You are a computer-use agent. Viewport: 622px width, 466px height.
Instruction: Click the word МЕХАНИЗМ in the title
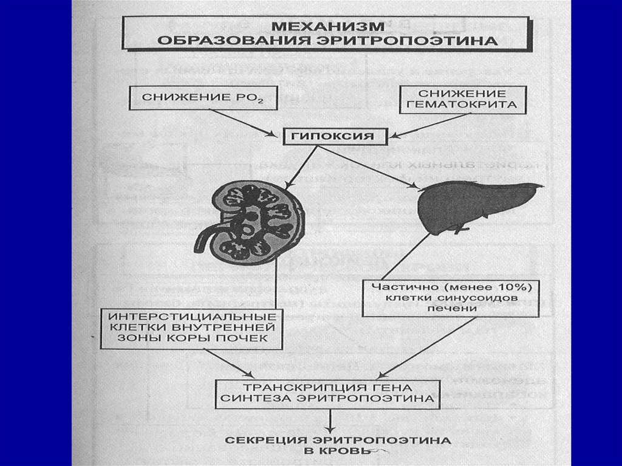[x=328, y=27]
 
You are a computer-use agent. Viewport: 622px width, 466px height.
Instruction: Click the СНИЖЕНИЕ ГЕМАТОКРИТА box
[x=462, y=99]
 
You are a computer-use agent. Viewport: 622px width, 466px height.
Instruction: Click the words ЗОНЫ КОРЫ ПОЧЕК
[x=191, y=338]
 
